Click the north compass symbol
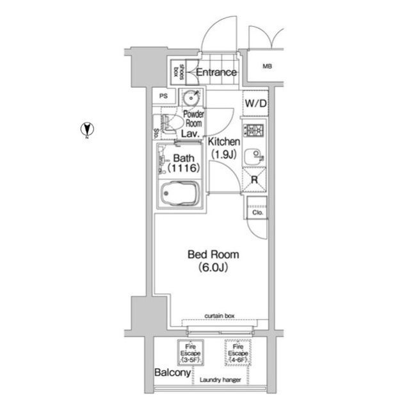[87, 129]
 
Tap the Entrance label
[216, 72]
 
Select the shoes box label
[178, 72]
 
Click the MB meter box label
[267, 66]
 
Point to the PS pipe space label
[163, 96]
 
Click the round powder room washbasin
[192, 98]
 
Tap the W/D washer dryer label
[255, 104]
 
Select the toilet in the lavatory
[168, 124]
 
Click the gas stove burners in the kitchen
[254, 130]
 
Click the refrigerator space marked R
[254, 179]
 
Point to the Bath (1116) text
[184, 163]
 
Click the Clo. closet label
[257, 213]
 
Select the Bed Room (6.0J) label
[213, 261]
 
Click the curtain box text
[220, 316]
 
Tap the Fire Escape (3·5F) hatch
[190, 353]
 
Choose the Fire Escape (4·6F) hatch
[238, 353]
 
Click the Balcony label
[172, 372]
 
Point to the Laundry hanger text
[220, 380]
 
